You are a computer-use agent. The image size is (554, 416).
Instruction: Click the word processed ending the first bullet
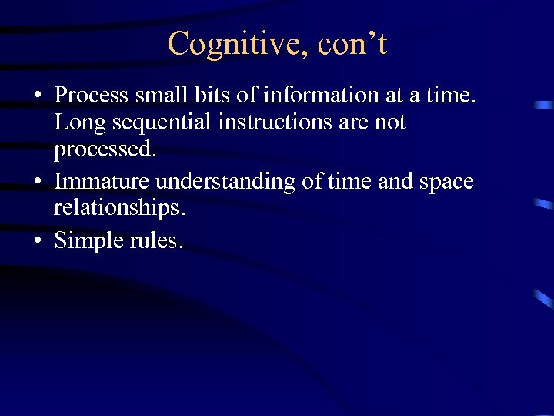pos(105,149)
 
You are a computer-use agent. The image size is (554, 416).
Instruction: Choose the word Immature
pos(102,182)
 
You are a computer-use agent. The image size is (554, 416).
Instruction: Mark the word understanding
pos(224,182)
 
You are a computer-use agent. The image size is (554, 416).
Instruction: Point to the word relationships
pos(120,209)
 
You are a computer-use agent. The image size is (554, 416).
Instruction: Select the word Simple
pos(85,240)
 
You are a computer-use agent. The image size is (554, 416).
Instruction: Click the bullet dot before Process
pos(37,96)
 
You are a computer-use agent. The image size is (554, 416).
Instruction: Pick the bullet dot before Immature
pos(37,183)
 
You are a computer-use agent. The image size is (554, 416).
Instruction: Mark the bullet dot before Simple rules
pos(37,241)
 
